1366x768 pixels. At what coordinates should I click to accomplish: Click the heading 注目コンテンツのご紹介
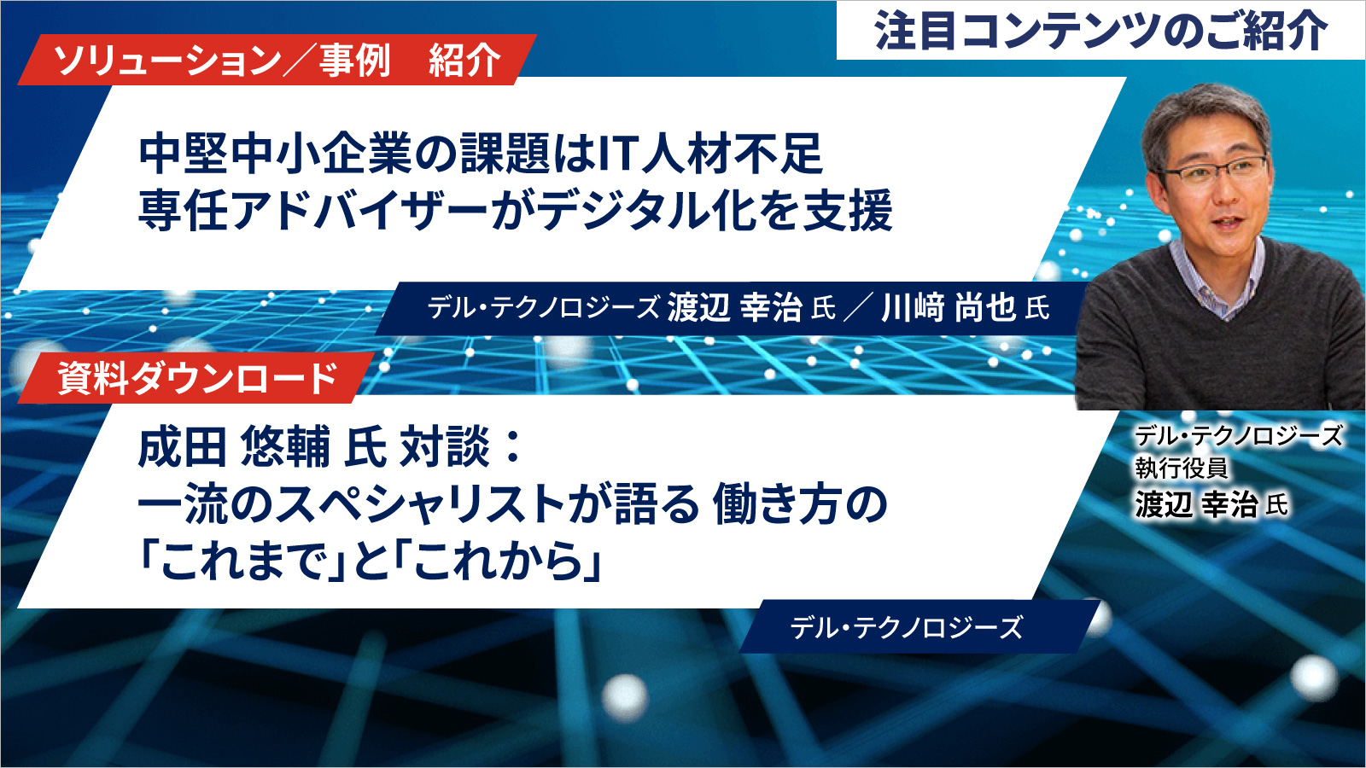(x=1100, y=31)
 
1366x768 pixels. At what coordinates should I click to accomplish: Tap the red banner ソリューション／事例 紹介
(x=277, y=60)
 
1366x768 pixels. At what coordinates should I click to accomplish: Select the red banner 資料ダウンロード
(x=196, y=378)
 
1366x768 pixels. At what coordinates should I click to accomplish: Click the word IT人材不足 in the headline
(x=710, y=154)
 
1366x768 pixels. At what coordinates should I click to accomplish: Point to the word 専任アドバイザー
(x=313, y=210)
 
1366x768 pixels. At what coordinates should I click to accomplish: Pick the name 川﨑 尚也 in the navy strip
(x=949, y=307)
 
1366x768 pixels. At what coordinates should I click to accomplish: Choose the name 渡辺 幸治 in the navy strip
(x=734, y=307)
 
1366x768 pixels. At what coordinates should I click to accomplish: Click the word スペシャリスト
(x=420, y=504)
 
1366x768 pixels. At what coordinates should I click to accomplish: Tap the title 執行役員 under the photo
(x=1181, y=468)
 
